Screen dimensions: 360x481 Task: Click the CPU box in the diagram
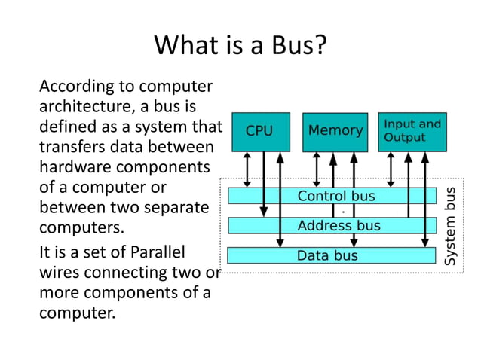pyautogui.click(x=259, y=131)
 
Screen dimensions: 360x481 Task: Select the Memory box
pyautogui.click(x=335, y=131)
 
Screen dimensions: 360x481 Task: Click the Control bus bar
pyautogui.click(x=332, y=197)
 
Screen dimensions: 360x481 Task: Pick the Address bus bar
pyautogui.click(x=332, y=225)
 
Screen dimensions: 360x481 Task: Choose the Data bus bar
pyautogui.click(x=332, y=255)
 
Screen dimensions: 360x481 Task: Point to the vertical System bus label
pyautogui.click(x=451, y=226)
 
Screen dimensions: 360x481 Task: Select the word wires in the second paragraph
pyautogui.click(x=61, y=271)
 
